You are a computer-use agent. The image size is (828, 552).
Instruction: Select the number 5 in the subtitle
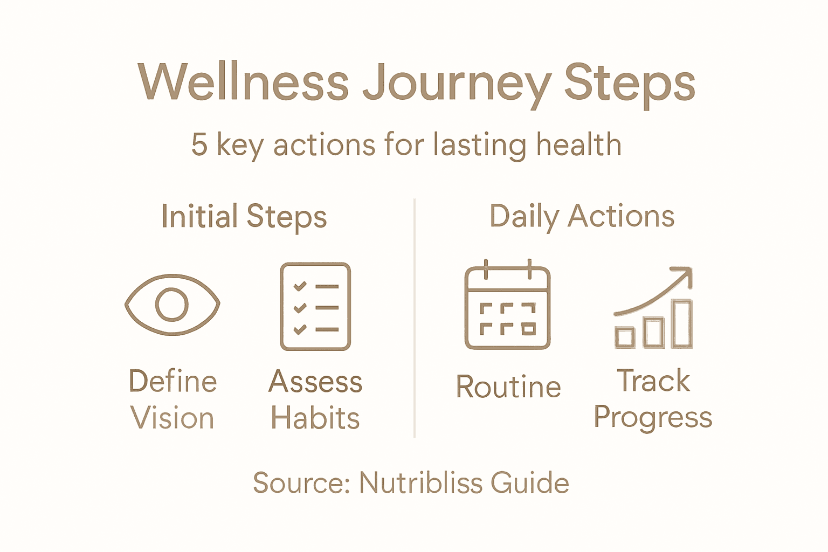click(199, 145)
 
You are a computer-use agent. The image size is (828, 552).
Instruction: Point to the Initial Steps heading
click(244, 217)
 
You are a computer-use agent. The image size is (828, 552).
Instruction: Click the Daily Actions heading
click(582, 217)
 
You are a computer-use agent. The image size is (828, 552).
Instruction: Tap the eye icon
click(172, 305)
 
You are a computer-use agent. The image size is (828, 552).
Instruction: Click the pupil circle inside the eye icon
click(172, 305)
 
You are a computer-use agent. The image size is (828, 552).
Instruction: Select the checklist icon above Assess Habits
click(315, 307)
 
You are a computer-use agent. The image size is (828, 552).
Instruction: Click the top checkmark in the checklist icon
click(300, 286)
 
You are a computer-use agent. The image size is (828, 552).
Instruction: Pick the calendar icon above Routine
click(507, 306)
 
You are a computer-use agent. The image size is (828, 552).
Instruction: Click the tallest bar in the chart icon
click(682, 324)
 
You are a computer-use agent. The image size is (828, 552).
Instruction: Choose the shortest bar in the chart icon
click(625, 337)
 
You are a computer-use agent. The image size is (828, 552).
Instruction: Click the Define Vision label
click(172, 399)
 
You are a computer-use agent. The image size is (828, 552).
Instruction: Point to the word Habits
click(315, 418)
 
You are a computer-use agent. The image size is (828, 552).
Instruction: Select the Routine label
click(508, 387)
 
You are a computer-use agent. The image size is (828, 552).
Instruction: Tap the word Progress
click(653, 418)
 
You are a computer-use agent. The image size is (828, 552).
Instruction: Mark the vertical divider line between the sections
click(414, 318)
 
